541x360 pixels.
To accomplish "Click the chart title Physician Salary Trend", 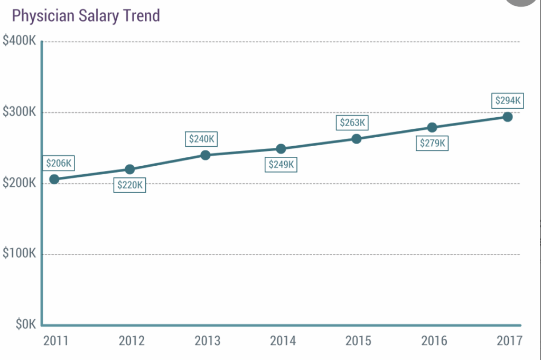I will coord(86,16).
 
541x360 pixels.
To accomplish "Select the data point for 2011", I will coord(54,179).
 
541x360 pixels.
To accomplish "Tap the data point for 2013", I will coord(206,155).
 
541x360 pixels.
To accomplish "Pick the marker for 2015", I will coord(357,139).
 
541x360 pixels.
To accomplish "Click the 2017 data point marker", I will coord(508,117).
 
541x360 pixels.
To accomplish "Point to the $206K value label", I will coord(58,164).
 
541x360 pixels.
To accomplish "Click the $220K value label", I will coord(129,185).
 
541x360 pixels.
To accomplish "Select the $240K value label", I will coord(203,139).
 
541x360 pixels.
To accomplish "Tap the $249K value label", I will coord(281,165).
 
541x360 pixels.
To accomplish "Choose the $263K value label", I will coord(352,122).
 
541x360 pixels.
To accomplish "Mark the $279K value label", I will coord(433,143).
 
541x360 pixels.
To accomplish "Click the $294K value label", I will coord(508,100).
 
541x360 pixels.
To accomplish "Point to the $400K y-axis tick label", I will coord(19,41).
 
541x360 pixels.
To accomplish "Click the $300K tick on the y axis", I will coord(19,112).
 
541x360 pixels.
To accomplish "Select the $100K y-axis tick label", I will coord(19,254).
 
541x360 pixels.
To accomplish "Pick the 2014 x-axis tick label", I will coord(283,340).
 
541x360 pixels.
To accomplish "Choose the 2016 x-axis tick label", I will coord(434,340).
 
